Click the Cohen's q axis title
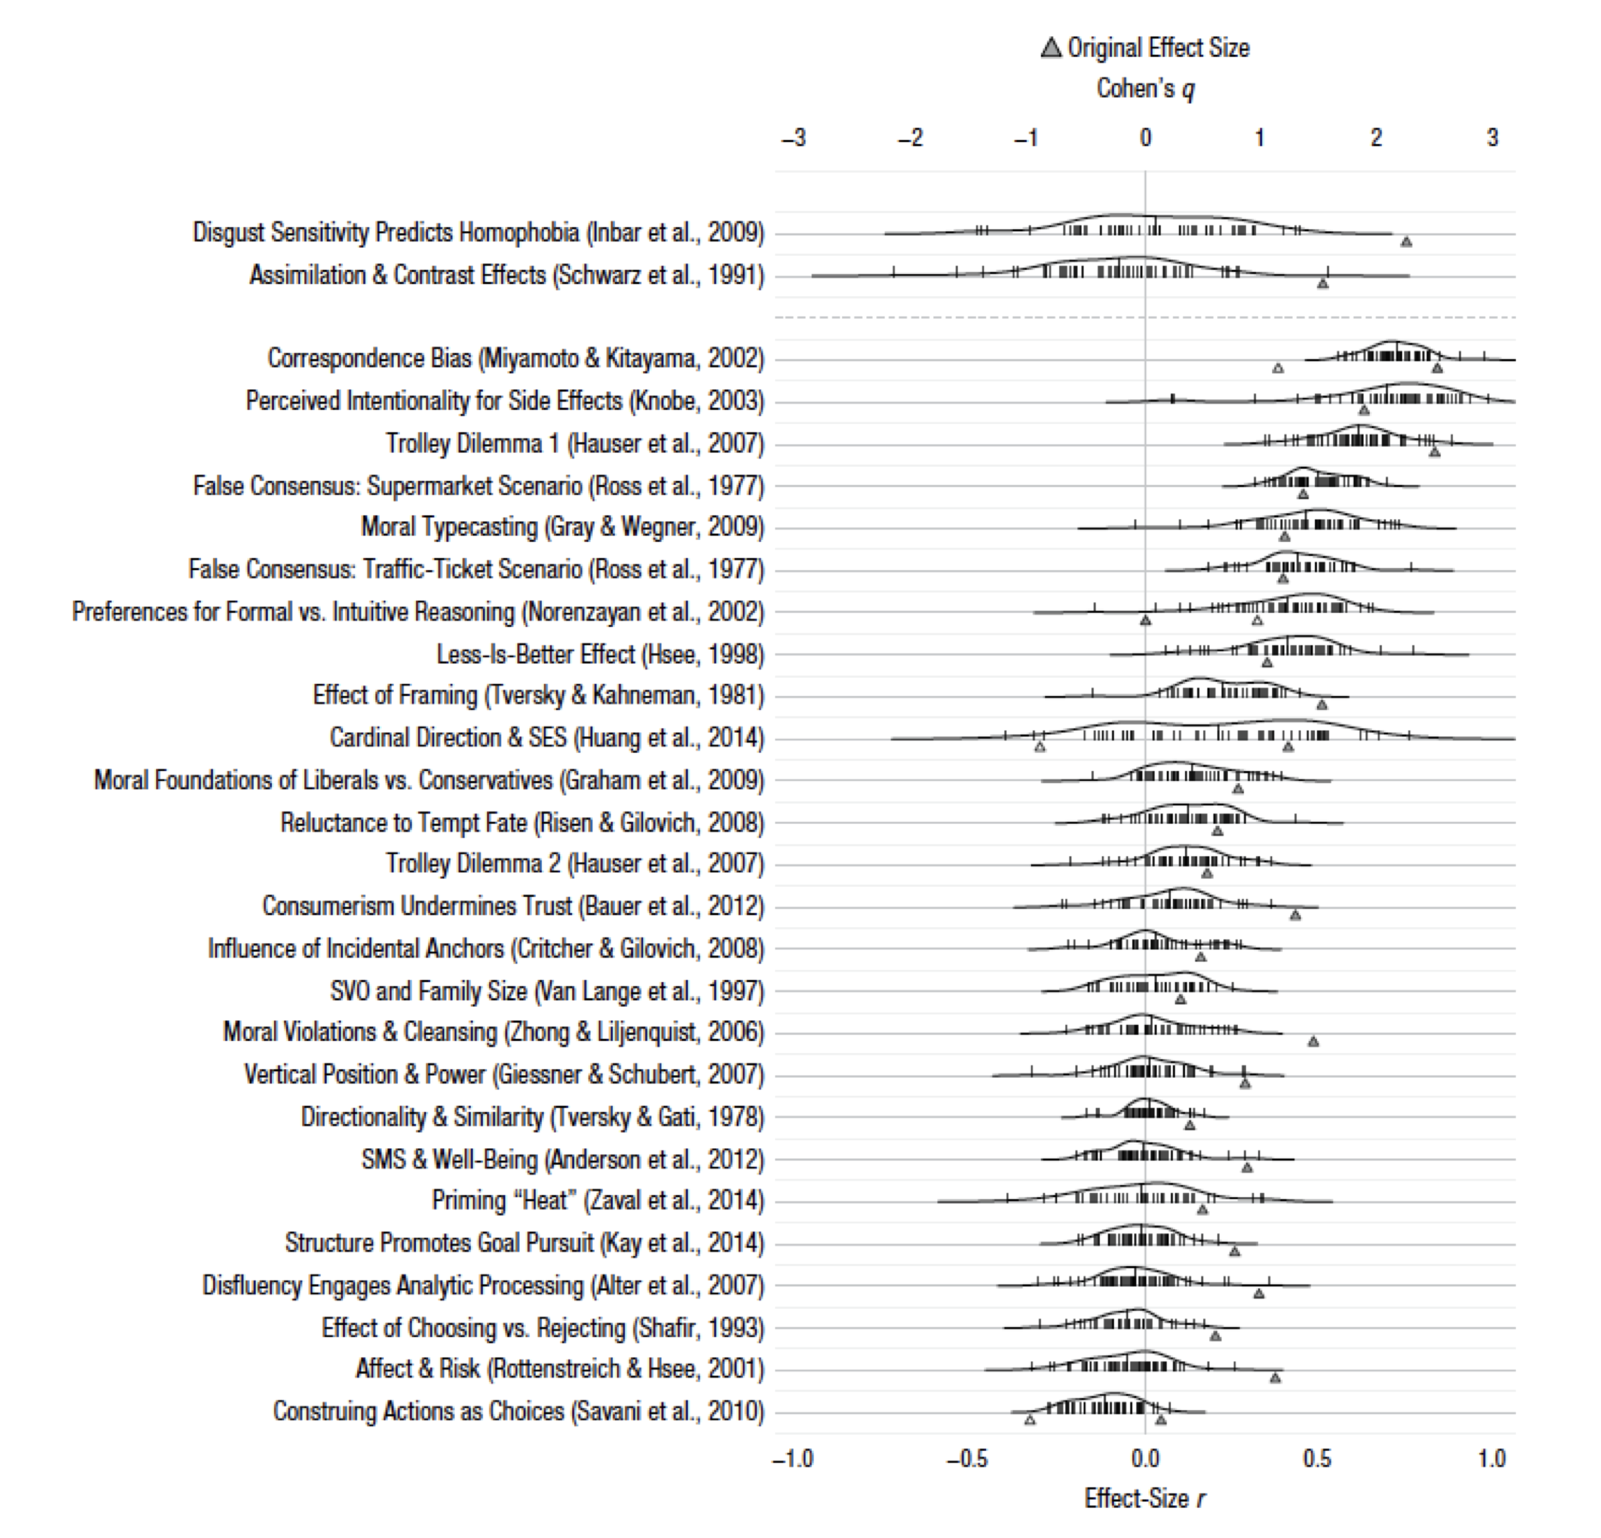tap(1145, 88)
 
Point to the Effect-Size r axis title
tap(1144, 1498)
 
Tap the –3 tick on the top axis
tap(793, 138)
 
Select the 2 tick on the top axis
tap(1376, 138)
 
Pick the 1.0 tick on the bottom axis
tap(1491, 1458)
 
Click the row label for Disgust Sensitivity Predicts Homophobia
tap(479, 233)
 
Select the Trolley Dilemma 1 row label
tap(575, 444)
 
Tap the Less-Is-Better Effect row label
tap(600, 654)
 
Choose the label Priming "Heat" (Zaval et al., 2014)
tap(598, 1201)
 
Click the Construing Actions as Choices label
tap(519, 1411)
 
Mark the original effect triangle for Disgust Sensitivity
tap(1406, 242)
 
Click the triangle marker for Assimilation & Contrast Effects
tap(1323, 283)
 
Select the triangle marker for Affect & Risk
tap(1275, 1378)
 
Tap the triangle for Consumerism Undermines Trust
tap(1295, 915)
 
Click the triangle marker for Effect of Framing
tap(1322, 704)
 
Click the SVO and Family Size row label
tap(547, 990)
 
